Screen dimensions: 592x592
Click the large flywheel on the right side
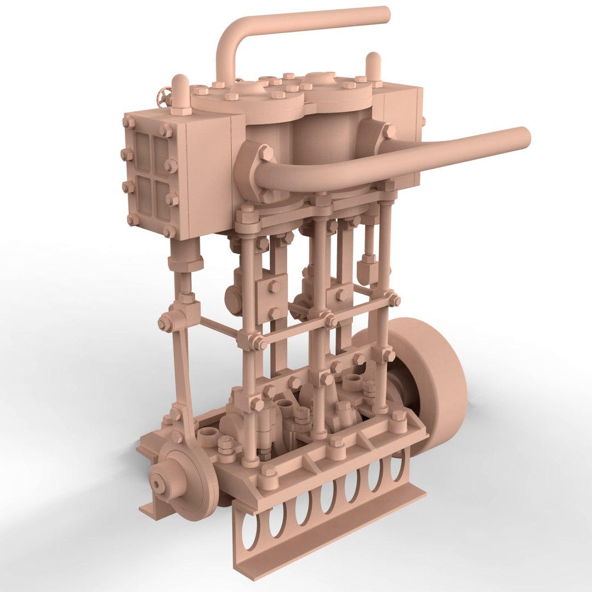(x=433, y=384)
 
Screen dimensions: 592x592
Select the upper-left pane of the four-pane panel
(x=143, y=147)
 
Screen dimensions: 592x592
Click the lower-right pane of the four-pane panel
(x=164, y=201)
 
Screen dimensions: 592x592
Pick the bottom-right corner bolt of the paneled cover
(x=169, y=232)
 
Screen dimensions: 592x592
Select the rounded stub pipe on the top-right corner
(x=373, y=67)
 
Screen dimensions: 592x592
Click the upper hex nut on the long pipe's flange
(x=266, y=153)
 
